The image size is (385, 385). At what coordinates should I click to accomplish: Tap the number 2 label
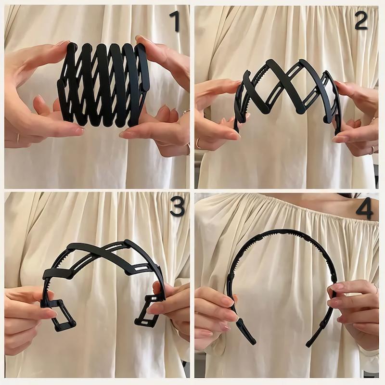tap(361, 20)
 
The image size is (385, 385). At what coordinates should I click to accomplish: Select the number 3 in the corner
tap(177, 206)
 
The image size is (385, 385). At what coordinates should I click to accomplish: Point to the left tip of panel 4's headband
tap(253, 342)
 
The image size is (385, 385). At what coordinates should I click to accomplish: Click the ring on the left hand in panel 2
tap(198, 143)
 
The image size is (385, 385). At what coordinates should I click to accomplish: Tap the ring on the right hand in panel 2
tap(372, 149)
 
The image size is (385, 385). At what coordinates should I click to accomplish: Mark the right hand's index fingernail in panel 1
tap(125, 135)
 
